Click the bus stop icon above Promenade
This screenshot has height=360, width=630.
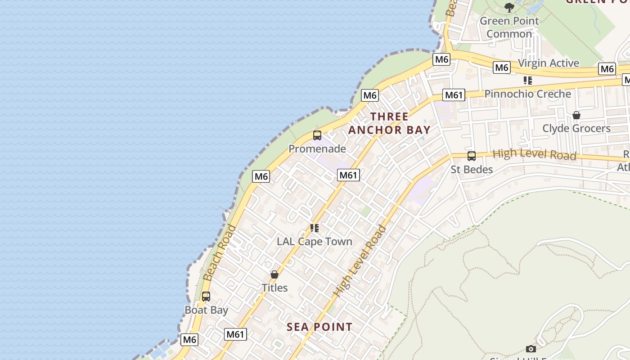pos(317,135)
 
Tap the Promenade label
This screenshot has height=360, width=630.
pos(317,149)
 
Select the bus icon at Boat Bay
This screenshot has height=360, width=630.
pos(206,297)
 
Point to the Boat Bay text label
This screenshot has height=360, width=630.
pos(207,310)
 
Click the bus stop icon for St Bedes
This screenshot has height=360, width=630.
pos(472,156)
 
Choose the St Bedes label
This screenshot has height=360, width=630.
pos(472,170)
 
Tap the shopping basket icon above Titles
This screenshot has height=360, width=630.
pos(274,274)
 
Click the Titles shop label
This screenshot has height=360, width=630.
pos(274,288)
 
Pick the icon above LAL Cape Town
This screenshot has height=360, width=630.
pos(315,228)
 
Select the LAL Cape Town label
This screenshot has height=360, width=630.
pos(315,242)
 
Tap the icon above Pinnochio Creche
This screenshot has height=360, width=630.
pos(528,81)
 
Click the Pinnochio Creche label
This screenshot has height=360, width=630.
pos(528,94)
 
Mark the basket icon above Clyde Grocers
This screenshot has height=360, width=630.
pos(576,115)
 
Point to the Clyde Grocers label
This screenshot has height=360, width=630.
pos(576,129)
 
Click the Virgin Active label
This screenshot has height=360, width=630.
pos(549,63)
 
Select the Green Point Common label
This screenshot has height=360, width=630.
pos(509,27)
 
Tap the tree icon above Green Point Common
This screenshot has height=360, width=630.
pos(509,7)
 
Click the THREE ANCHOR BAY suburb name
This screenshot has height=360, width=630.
pos(389,123)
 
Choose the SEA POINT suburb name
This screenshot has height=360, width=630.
pos(319,327)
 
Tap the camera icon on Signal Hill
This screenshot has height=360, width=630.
pos(531,349)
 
